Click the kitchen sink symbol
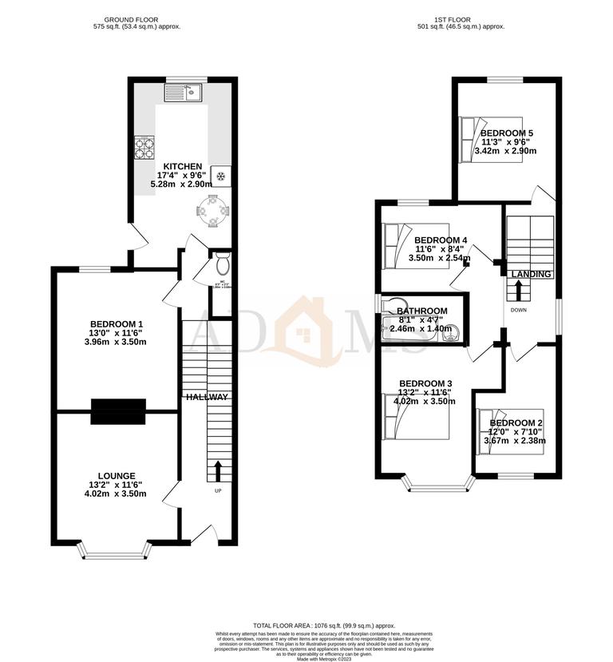[x=184, y=93]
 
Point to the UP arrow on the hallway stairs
[x=217, y=470]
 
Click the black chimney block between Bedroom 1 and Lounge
[x=118, y=411]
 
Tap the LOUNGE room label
[x=117, y=476]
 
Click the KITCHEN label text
[x=183, y=167]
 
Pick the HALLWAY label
[x=208, y=397]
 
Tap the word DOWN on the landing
[x=518, y=310]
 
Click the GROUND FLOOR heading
[x=136, y=19]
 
